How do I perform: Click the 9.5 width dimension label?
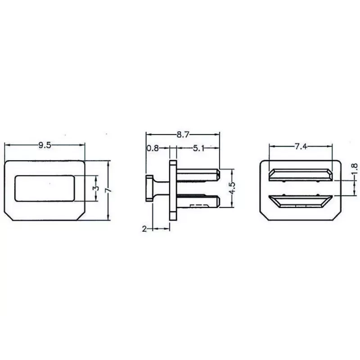click(x=45, y=145)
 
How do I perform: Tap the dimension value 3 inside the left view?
click(x=97, y=188)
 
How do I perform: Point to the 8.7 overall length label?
click(x=183, y=135)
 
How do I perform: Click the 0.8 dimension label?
click(x=153, y=148)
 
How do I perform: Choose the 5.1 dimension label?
click(x=198, y=148)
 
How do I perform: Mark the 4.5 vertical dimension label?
click(x=232, y=188)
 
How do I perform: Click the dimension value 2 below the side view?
click(x=144, y=229)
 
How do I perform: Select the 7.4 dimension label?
click(x=301, y=146)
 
